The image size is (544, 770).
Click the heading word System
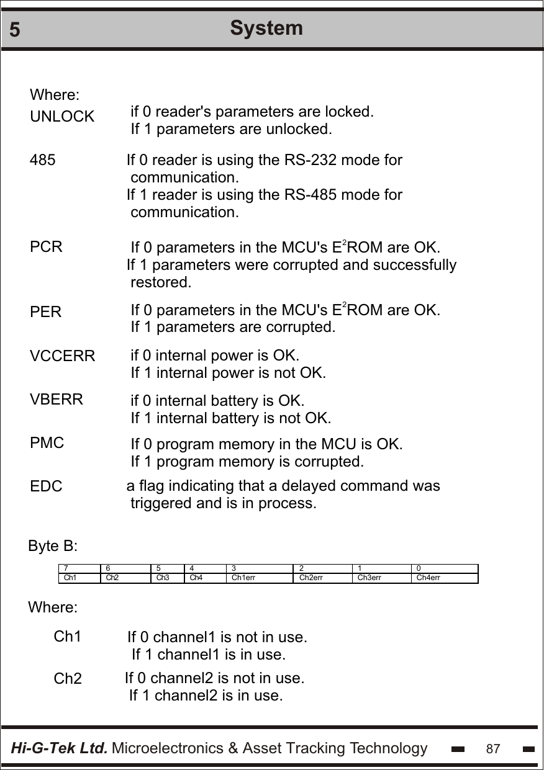pyautogui.click(x=266, y=28)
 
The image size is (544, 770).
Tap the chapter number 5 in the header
pyautogui.click(x=16, y=30)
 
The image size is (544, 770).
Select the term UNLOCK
pyautogui.click(x=62, y=117)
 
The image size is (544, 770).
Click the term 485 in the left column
pyautogui.click(x=43, y=160)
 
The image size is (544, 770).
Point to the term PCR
pyautogui.click(x=47, y=246)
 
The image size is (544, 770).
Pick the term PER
pyautogui.click(x=46, y=312)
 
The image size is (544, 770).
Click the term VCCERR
pyautogui.click(x=63, y=357)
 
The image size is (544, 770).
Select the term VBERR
pyautogui.click(x=57, y=400)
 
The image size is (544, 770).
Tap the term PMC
pyautogui.click(x=47, y=443)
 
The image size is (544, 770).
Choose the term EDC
pyautogui.click(x=47, y=487)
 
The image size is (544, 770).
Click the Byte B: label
pyautogui.click(x=53, y=547)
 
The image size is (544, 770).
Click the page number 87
pyautogui.click(x=493, y=749)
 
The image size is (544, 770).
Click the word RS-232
pyautogui.click(x=294, y=160)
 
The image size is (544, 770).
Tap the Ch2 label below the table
pyautogui.click(x=68, y=679)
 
